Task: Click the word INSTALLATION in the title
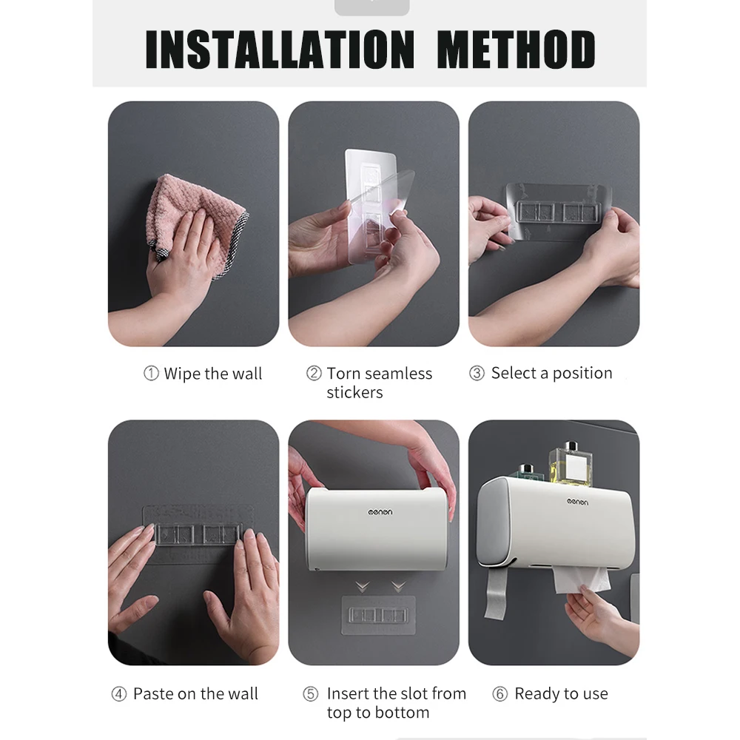pyautogui.click(x=280, y=49)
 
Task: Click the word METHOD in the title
pyautogui.click(x=516, y=49)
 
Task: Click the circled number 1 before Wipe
pyautogui.click(x=151, y=373)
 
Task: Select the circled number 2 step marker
pyautogui.click(x=314, y=373)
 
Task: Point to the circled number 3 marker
pyautogui.click(x=477, y=373)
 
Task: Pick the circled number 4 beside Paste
pyautogui.click(x=119, y=694)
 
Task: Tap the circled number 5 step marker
pyautogui.click(x=311, y=694)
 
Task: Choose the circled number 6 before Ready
pyautogui.click(x=499, y=694)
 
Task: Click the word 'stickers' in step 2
pyautogui.click(x=354, y=393)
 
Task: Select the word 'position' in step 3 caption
pyautogui.click(x=582, y=373)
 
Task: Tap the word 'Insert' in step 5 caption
pyautogui.click(x=347, y=694)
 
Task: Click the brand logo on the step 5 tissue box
pyautogui.click(x=380, y=512)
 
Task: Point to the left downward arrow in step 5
pyautogui.click(x=363, y=587)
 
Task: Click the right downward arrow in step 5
pyautogui.click(x=399, y=587)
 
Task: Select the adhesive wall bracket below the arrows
pyautogui.click(x=378, y=615)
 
